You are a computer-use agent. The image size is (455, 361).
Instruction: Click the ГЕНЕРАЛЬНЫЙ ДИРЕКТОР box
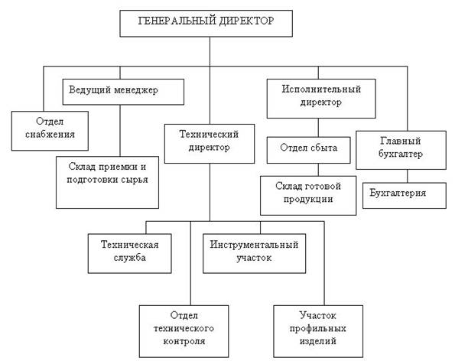[x=206, y=24]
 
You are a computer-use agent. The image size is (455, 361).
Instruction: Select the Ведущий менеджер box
[x=123, y=92]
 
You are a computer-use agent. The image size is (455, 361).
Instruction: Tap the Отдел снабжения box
[x=50, y=131]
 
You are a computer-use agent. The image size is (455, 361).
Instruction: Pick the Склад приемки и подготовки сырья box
[x=107, y=183]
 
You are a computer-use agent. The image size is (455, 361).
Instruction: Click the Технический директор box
[x=210, y=144]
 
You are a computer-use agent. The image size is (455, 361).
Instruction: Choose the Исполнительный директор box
[x=321, y=99]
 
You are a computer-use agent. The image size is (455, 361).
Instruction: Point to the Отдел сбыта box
[x=309, y=150]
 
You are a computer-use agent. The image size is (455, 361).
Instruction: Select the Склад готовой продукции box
[x=308, y=196]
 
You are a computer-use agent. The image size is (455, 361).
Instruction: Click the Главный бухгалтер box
[x=401, y=150]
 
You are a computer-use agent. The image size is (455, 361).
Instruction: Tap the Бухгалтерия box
[x=405, y=196]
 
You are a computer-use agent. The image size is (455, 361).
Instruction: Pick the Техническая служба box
[x=130, y=254]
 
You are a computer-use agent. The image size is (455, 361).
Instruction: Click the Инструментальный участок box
[x=254, y=254]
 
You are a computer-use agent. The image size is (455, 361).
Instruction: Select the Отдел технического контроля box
[x=184, y=331]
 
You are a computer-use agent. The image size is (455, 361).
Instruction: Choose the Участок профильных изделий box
[x=318, y=331]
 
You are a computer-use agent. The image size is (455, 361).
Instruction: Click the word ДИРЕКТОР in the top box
[x=246, y=21]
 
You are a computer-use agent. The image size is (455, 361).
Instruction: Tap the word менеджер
[x=136, y=90]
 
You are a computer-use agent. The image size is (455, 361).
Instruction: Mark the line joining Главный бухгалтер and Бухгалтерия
[x=408, y=176]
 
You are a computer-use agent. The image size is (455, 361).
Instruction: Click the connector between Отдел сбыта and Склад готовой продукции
[x=318, y=170]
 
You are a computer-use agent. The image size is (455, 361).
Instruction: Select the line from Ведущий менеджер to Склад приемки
[x=120, y=131]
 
